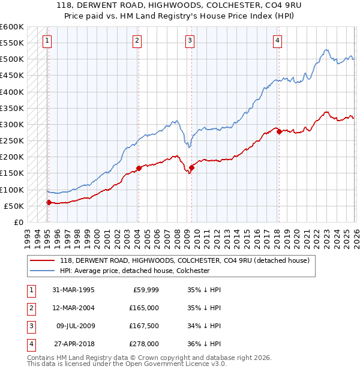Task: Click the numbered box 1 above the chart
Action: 47,41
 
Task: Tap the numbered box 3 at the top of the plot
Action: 190,41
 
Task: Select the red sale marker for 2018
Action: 279,132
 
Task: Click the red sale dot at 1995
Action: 49,202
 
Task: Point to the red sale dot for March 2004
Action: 138,169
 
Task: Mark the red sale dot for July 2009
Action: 191,167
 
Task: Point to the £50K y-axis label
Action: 14,206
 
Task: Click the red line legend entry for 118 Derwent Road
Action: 184,260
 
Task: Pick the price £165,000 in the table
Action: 145,308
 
